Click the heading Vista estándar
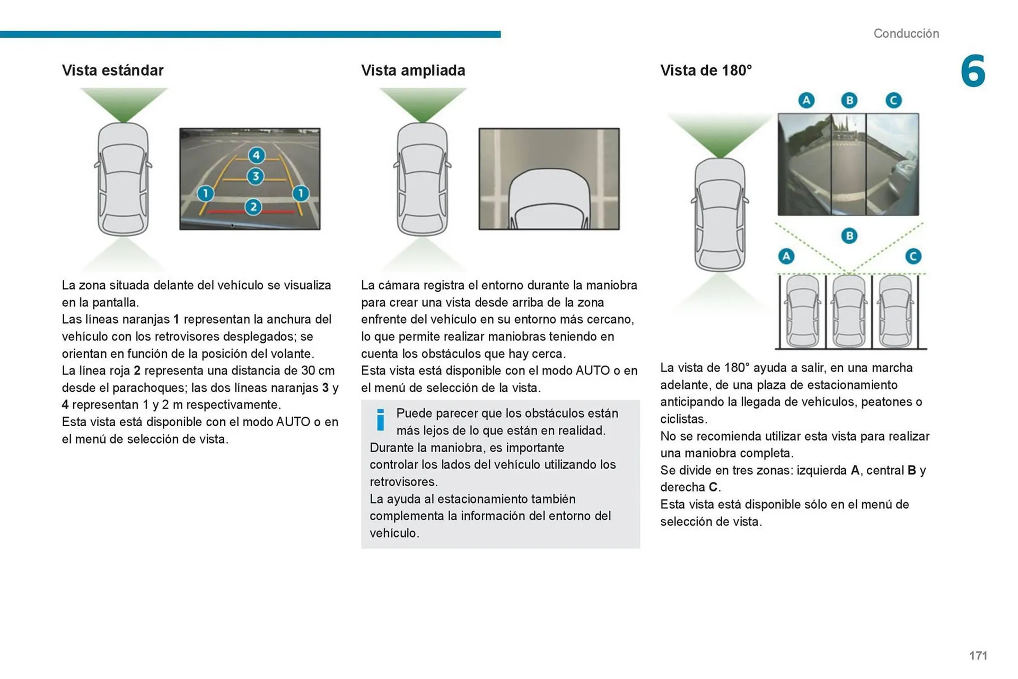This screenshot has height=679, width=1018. point(112,70)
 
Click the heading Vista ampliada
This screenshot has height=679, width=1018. point(413,70)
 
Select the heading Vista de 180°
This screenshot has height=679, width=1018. point(706,70)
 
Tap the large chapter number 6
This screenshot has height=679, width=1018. point(973,71)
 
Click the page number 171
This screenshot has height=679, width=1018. point(978,656)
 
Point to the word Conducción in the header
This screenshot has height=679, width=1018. point(906,33)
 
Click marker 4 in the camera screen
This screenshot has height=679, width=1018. point(257,155)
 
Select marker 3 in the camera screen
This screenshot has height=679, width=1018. point(256,176)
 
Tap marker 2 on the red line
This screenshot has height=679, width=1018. point(253,207)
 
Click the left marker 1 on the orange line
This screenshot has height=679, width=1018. point(205,193)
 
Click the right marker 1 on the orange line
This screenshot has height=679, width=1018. point(301,193)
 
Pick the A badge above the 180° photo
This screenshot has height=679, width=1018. point(806,100)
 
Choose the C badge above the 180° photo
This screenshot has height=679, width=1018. point(893,100)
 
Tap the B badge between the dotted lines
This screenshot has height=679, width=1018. point(849,235)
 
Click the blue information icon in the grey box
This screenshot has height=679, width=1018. point(380,420)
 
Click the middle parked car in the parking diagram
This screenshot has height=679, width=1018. point(849,312)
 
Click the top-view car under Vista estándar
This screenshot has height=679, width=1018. point(123,179)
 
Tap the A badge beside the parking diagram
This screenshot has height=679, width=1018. point(786,257)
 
